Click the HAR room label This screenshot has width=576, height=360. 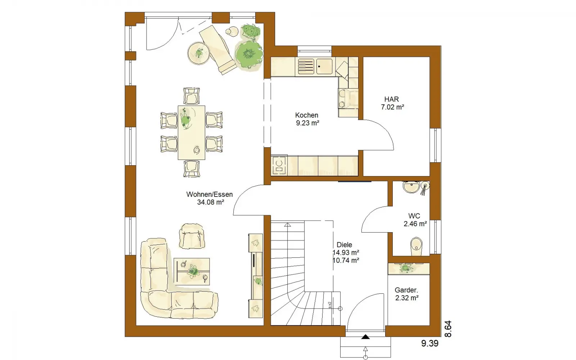click(x=391, y=99)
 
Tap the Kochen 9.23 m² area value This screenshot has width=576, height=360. click(x=307, y=123)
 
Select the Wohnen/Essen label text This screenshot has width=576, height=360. click(x=210, y=194)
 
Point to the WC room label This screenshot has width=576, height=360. click(x=414, y=216)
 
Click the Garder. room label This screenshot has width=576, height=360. click(x=406, y=290)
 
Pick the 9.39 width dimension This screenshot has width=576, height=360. click(x=430, y=343)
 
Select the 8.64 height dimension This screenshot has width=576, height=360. click(x=448, y=329)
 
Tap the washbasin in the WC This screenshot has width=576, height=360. click(x=411, y=187)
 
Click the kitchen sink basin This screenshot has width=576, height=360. click(x=324, y=67)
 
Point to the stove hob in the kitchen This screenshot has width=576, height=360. click(x=279, y=166)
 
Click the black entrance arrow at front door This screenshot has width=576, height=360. click(x=365, y=337)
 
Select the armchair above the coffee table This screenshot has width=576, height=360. click(x=192, y=236)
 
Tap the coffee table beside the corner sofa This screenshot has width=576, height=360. click(x=192, y=271)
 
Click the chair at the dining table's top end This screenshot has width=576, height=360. click(x=192, y=96)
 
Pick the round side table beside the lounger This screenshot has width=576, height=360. click(x=198, y=53)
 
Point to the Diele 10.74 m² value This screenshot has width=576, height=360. click(x=346, y=261)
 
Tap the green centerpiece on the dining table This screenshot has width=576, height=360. click(x=185, y=119)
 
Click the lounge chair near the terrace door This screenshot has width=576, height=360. click(x=218, y=50)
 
